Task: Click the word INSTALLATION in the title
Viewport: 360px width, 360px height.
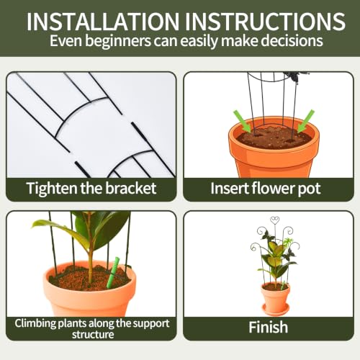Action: point(103,21)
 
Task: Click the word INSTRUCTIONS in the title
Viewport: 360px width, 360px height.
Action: point(265,21)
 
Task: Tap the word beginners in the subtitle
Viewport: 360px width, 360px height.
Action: point(118,41)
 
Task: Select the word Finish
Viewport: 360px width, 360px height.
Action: point(268,327)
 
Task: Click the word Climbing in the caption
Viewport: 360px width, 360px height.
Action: point(35,323)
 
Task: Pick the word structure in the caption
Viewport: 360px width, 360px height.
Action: point(93,335)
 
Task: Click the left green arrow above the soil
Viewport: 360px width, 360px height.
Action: point(242,121)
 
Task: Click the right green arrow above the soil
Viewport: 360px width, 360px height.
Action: point(305,121)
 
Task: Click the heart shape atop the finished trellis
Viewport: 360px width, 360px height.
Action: point(275,220)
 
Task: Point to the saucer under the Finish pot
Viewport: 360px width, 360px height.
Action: point(276,310)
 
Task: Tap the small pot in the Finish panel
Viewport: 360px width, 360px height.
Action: point(275,296)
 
